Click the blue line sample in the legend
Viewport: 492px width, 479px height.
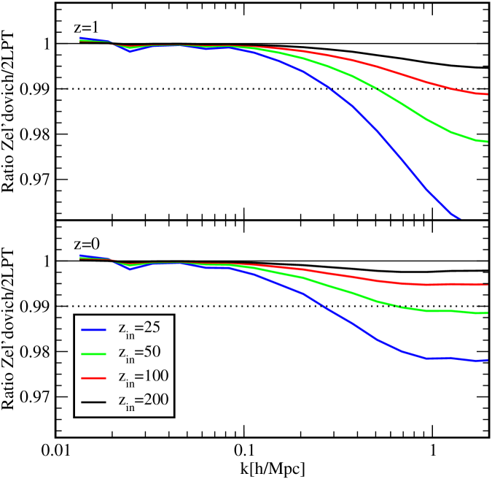pyautogui.click(x=94, y=329)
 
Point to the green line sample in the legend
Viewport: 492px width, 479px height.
pyautogui.click(x=94, y=353)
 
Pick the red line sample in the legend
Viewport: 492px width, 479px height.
pyautogui.click(x=94, y=378)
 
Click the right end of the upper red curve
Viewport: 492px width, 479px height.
pyautogui.click(x=486, y=94)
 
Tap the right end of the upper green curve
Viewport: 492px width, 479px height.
pyautogui.click(x=486, y=142)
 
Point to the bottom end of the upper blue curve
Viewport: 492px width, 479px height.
pyautogui.click(x=459, y=217)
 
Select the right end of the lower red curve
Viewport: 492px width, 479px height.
pyautogui.click(x=486, y=284)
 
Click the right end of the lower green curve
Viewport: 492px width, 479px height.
pyautogui.click(x=486, y=313)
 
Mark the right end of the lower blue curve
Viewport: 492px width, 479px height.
pyautogui.click(x=486, y=360)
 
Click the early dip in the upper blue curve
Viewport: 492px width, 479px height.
pyautogui.click(x=130, y=51)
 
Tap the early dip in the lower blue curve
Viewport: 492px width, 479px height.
pyautogui.click(x=130, y=269)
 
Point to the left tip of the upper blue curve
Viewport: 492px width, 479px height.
pyautogui.click(x=80, y=38)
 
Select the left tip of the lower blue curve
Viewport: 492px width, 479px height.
pyautogui.click(x=80, y=256)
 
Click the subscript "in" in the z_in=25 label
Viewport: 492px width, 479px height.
pyautogui.click(x=130, y=334)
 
